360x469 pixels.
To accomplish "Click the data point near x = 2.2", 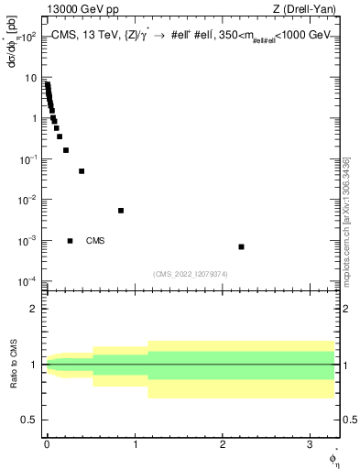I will tap(241, 246).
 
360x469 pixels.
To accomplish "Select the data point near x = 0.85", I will tap(121, 210).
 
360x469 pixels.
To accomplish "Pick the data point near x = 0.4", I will tap(82, 171).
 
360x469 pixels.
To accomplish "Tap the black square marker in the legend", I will tap(70, 241).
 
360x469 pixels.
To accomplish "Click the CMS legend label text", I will tap(95, 241).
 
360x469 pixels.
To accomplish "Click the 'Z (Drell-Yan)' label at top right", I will tap(311, 9).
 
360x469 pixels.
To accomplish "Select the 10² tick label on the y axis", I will tap(27, 38).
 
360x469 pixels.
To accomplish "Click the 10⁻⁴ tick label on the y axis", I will tap(27, 281).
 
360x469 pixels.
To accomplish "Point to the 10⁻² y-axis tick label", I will tap(27, 200).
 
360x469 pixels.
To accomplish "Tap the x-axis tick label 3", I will tap(311, 443).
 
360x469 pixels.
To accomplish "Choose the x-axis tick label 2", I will tap(224, 443).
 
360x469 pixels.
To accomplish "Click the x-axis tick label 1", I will tap(136, 443).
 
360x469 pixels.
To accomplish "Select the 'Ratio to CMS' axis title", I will tap(13, 365).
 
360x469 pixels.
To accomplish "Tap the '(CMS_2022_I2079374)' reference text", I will tap(191, 272).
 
